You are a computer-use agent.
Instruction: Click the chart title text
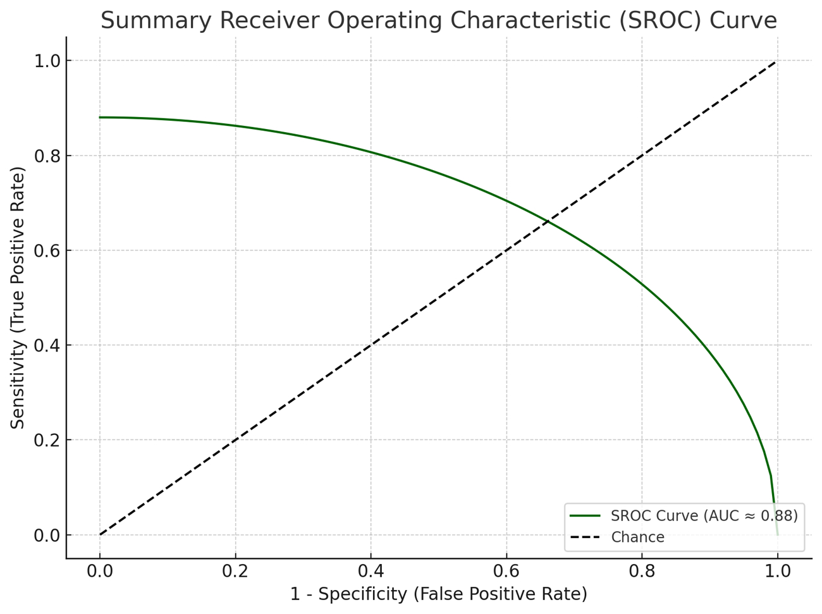[438, 20]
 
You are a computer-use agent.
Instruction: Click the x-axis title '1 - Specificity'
[438, 594]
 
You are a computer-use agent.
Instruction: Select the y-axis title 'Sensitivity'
[18, 298]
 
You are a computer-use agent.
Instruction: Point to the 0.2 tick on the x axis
[235, 571]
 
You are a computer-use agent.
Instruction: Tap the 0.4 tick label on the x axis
[371, 571]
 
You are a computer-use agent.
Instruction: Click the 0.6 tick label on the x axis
[506, 571]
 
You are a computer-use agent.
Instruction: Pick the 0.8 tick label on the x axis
[642, 571]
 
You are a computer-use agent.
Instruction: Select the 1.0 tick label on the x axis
[777, 571]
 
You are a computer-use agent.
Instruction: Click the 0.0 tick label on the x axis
[100, 571]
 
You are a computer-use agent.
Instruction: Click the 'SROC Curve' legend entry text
[704, 515]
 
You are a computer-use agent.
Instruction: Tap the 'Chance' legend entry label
[637, 537]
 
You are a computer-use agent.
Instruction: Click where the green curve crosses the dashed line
[548, 221]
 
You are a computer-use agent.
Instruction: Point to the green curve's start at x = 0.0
[100, 118]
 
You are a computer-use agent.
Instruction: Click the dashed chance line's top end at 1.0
[776, 61]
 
